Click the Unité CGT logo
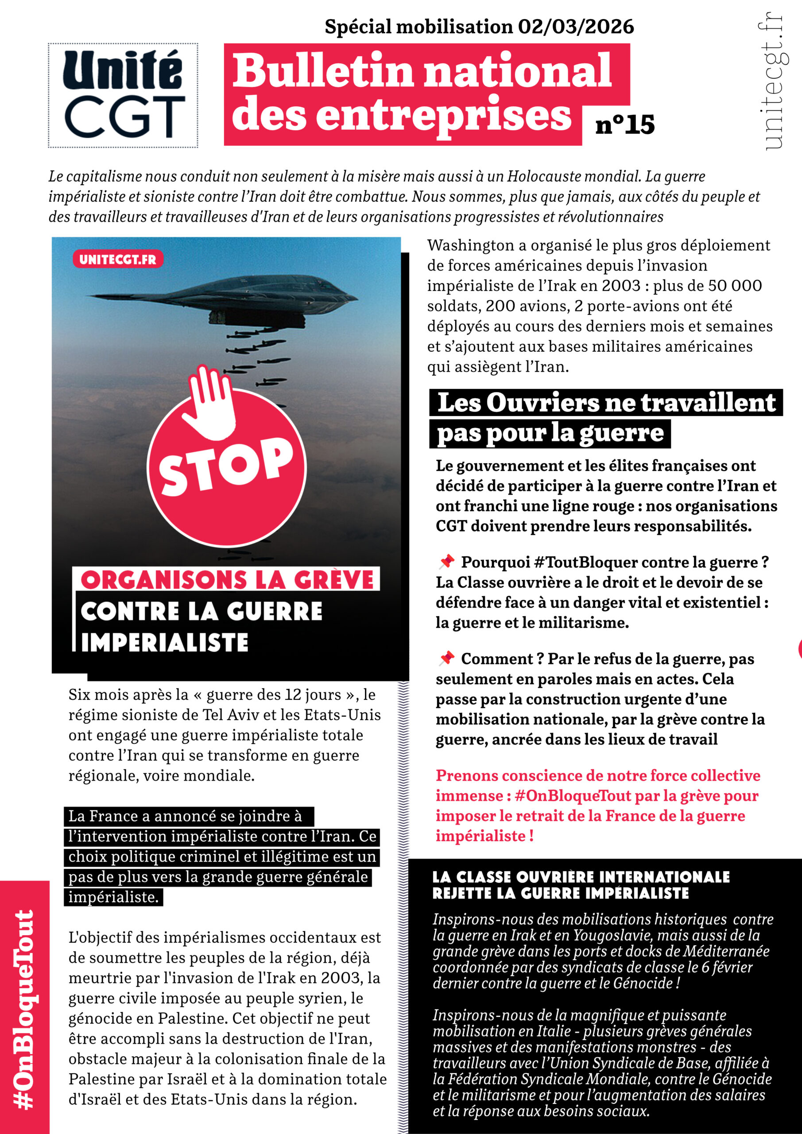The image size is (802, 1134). pos(123,95)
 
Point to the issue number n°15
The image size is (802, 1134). pos(625,124)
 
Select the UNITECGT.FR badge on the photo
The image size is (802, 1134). pos(117,259)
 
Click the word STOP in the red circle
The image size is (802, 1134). pos(226,467)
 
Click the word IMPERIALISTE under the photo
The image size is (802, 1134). pos(164,643)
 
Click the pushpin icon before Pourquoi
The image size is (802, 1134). pos(446,561)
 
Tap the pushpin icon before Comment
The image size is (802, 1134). pos(446,658)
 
